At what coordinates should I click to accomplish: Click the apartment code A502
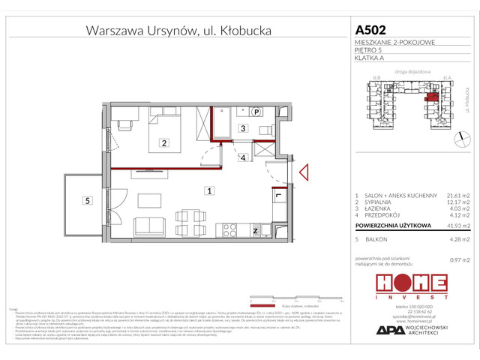click(x=370, y=31)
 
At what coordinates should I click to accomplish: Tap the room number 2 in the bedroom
click(x=161, y=142)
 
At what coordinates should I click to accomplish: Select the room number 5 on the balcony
click(x=88, y=200)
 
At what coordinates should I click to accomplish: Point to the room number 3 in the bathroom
click(x=242, y=128)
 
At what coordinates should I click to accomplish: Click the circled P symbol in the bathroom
click(x=256, y=112)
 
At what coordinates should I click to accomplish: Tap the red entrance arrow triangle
click(x=303, y=174)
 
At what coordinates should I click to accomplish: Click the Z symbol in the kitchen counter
click(x=255, y=231)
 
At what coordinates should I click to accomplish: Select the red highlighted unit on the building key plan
click(x=431, y=95)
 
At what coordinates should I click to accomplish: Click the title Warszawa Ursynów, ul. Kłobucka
click(x=178, y=31)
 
